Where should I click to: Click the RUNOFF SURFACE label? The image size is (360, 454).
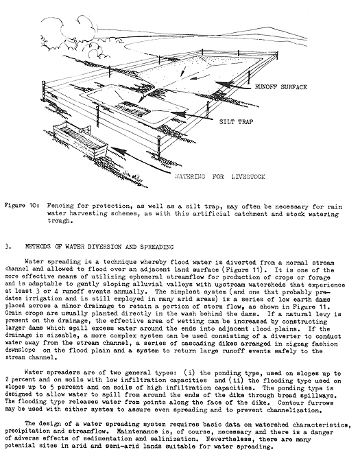click(280, 87)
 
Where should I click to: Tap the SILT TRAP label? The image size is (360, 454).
click(236, 121)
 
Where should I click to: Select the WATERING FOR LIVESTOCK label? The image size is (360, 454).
click(220, 177)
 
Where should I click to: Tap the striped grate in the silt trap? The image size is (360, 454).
click(132, 108)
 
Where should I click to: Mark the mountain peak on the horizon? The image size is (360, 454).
click(271, 27)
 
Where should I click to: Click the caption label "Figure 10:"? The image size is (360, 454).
click(22, 206)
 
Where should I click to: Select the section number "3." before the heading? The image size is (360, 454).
click(8, 247)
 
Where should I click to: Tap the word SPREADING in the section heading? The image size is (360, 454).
click(156, 247)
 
